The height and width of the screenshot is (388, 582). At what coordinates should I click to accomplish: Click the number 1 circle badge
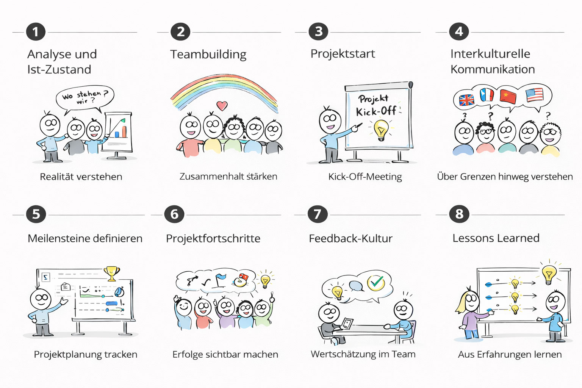click(x=36, y=32)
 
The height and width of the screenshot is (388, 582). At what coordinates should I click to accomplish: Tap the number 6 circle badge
click(x=174, y=214)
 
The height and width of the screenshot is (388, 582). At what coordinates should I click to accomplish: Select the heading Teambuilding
click(x=208, y=54)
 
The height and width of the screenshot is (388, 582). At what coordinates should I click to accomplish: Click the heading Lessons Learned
click(x=496, y=238)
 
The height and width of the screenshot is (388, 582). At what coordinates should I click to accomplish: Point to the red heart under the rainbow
click(x=222, y=105)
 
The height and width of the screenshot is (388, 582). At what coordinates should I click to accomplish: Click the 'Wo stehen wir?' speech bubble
click(x=85, y=97)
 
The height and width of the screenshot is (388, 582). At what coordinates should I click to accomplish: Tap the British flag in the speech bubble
click(x=466, y=100)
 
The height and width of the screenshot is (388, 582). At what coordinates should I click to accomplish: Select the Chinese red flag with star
click(x=508, y=96)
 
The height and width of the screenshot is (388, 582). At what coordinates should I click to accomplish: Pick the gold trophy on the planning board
click(x=112, y=274)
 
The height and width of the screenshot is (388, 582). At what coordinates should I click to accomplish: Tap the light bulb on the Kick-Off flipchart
click(x=381, y=129)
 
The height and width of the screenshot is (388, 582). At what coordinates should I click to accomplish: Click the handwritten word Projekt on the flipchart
click(x=374, y=99)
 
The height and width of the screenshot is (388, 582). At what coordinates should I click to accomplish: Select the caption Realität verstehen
click(x=81, y=177)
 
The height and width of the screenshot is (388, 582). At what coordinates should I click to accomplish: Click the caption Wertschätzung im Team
click(x=363, y=354)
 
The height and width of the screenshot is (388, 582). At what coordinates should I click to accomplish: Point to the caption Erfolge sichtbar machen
click(x=225, y=355)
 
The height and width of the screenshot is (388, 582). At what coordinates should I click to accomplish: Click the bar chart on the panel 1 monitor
click(x=120, y=131)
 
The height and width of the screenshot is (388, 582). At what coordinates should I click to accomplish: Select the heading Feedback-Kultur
click(x=350, y=238)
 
